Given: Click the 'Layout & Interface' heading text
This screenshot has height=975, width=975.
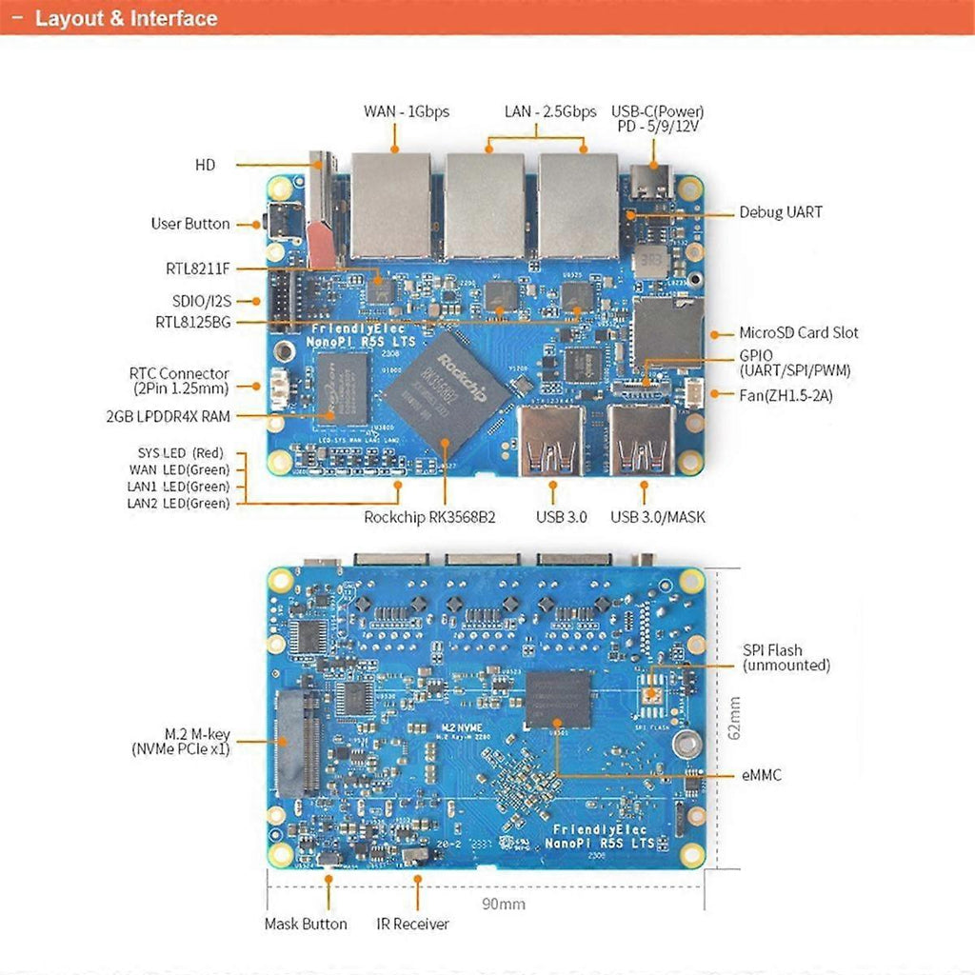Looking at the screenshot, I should click(x=126, y=18).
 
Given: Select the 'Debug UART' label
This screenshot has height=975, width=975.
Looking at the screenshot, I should click(x=781, y=212).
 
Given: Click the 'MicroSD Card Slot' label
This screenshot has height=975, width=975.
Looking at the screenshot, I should click(x=799, y=332).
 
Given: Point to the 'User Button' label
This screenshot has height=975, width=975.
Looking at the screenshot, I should click(x=190, y=224).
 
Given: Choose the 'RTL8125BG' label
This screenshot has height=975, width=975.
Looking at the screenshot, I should click(x=193, y=322).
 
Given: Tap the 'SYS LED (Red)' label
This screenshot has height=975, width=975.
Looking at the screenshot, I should click(x=180, y=452).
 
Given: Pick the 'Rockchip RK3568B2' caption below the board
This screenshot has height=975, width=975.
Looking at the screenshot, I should click(x=429, y=517).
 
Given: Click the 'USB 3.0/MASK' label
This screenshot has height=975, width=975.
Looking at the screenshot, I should click(x=658, y=517).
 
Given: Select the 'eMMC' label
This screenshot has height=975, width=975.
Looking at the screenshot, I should click(x=762, y=775).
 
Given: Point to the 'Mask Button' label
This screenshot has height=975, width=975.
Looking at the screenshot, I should click(x=306, y=924).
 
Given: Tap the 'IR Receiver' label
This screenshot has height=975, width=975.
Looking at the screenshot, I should click(x=412, y=924).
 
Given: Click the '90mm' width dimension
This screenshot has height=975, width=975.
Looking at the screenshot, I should click(x=504, y=904).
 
